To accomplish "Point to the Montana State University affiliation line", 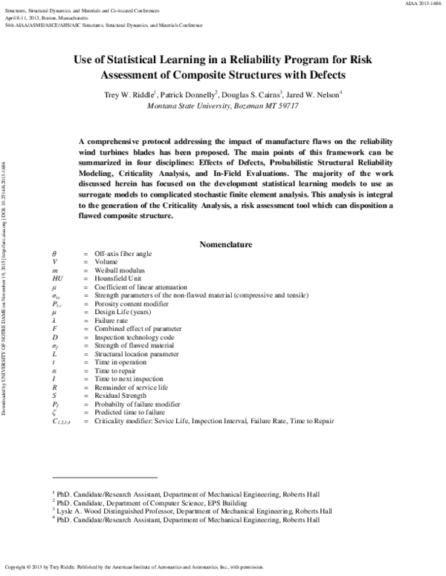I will coord(223,106).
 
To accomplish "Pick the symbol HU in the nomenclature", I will coord(56,283).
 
